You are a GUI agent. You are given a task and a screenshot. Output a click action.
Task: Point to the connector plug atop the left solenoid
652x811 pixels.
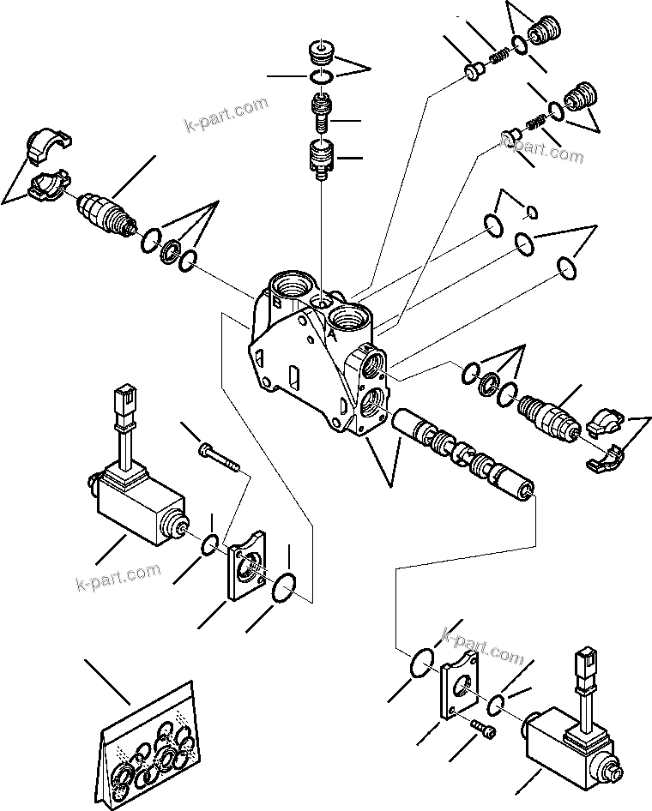123,402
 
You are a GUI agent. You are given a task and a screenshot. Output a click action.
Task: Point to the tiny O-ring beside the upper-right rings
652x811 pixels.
531,212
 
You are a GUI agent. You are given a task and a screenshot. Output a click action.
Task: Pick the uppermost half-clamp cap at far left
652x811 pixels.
42,144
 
